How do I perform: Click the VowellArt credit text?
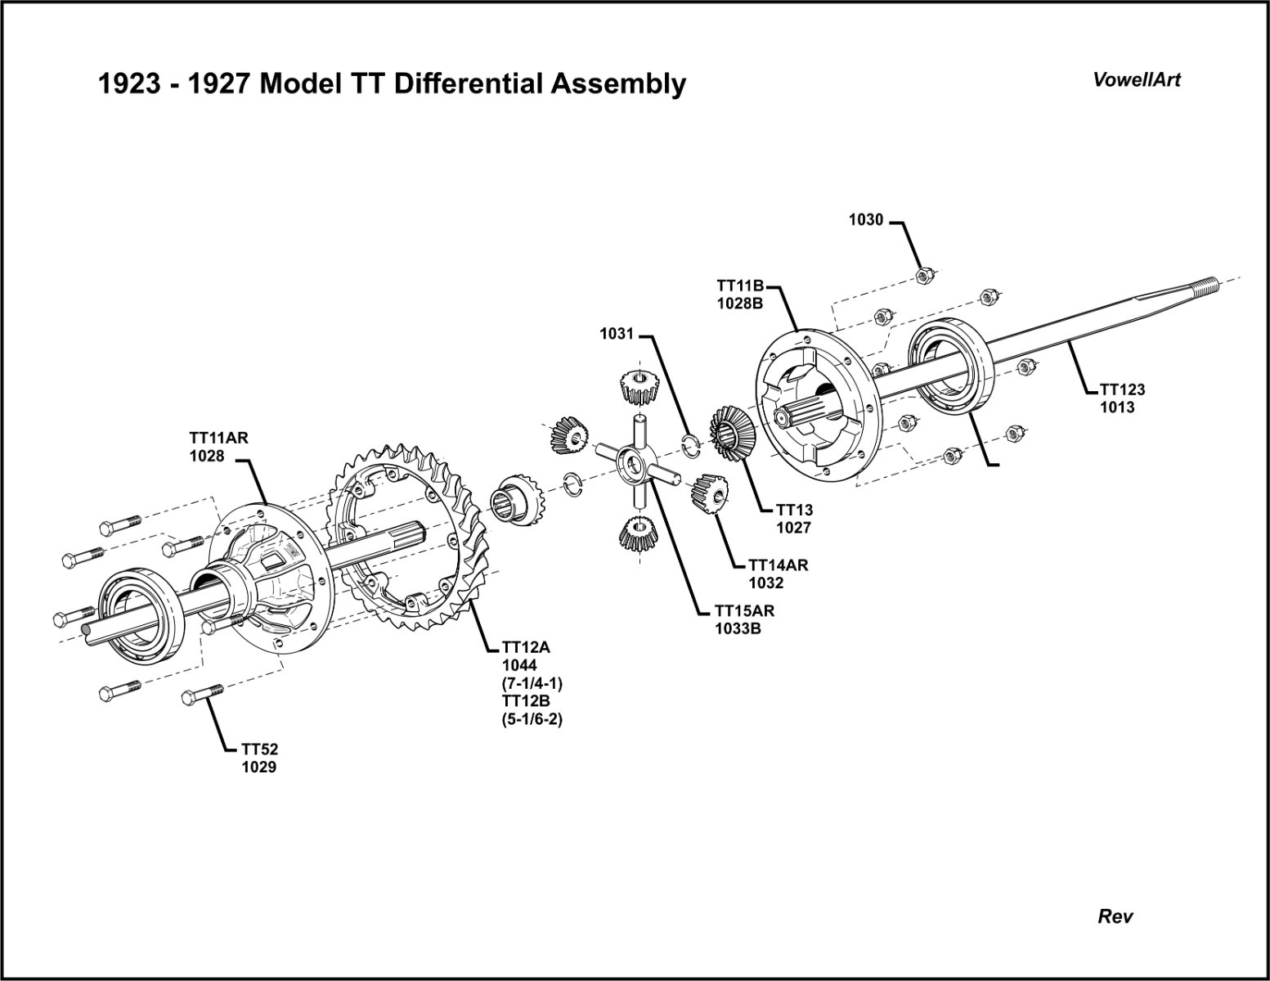[x=1137, y=79]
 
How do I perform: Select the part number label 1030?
[x=866, y=219]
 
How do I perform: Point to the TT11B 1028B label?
[x=740, y=295]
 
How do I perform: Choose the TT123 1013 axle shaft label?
[x=1122, y=398]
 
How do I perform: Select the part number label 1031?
[x=617, y=334]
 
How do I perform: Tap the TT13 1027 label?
[x=794, y=519]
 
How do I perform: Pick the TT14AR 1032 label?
[x=778, y=574]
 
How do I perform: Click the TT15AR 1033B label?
[x=744, y=619]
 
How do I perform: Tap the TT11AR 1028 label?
[x=218, y=447]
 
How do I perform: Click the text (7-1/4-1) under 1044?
[x=532, y=682]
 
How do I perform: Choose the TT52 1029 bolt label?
[x=259, y=758]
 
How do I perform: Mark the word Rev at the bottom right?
[x=1115, y=916]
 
